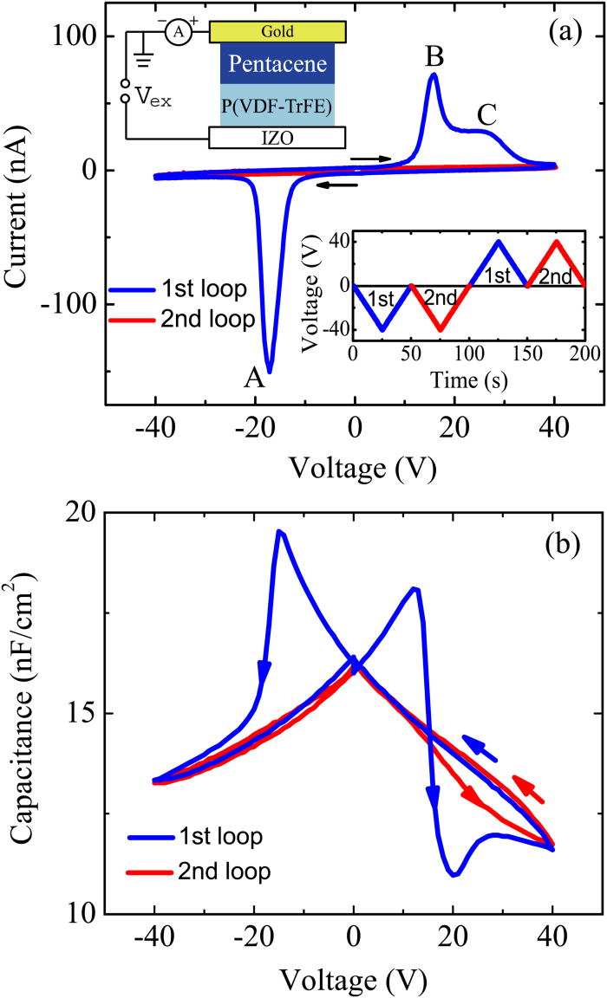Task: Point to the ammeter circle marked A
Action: (177, 31)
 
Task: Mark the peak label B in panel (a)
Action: (434, 56)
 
